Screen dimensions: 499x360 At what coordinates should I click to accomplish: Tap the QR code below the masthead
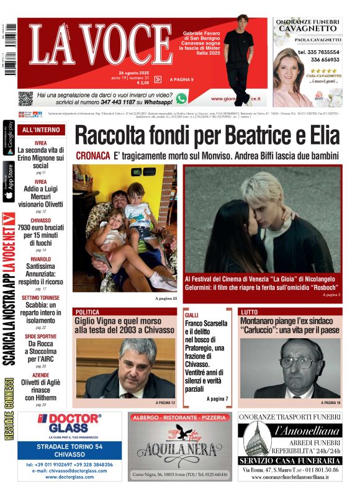[x=25, y=98]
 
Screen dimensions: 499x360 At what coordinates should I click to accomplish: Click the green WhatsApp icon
[x=181, y=98]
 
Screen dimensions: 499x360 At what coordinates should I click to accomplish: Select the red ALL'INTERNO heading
[x=41, y=130]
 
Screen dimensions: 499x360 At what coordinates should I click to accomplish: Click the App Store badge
[x=8, y=181]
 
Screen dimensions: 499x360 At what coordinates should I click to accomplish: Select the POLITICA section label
[x=88, y=312]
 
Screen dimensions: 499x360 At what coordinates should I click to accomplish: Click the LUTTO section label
[x=250, y=312]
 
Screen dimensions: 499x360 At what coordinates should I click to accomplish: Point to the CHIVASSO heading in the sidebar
[x=40, y=220]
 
